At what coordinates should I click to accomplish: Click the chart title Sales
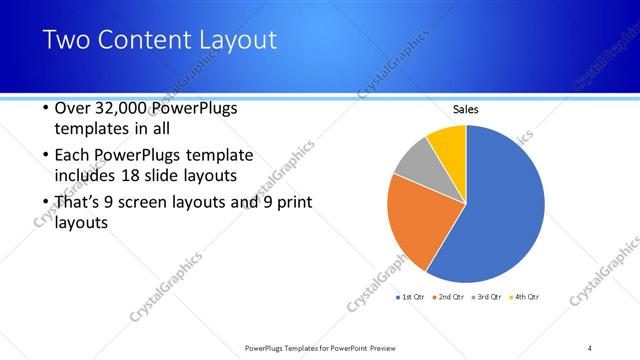(x=466, y=109)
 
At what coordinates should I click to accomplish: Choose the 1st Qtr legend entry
(x=413, y=297)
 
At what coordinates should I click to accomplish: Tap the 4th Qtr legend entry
(x=525, y=297)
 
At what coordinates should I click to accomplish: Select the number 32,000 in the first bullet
(x=127, y=108)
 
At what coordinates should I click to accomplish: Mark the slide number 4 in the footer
(x=590, y=347)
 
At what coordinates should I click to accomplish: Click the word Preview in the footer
(x=394, y=347)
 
